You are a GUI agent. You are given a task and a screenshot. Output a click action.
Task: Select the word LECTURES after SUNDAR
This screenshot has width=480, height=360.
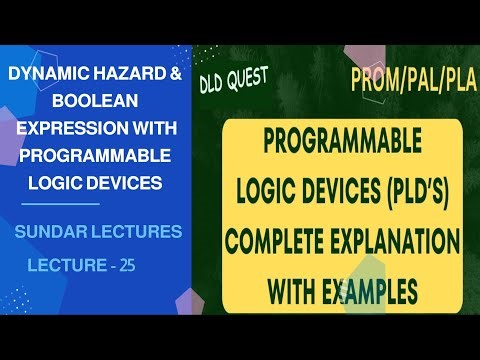pos(132,232)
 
